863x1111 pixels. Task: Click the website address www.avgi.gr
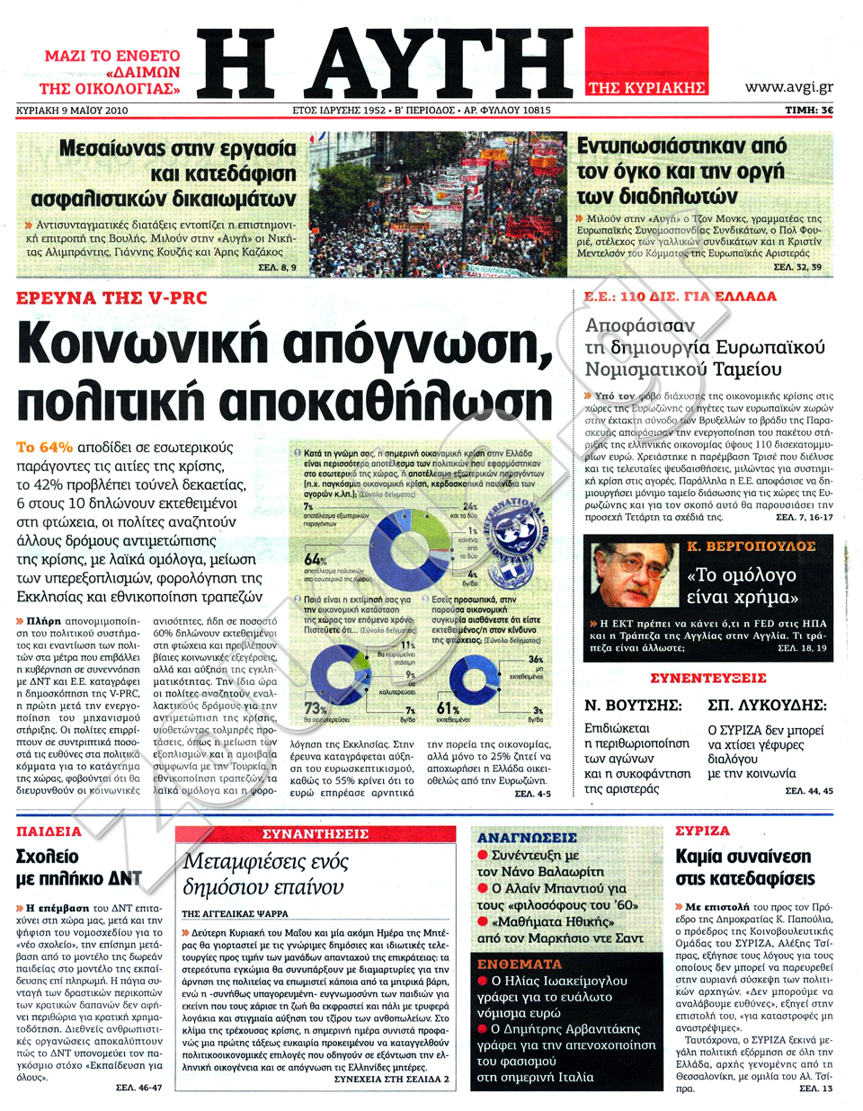788,86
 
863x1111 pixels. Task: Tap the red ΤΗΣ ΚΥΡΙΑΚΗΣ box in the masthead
646,87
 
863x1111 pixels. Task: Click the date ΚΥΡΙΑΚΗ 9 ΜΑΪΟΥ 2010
72,110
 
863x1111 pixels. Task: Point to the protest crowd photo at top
440,205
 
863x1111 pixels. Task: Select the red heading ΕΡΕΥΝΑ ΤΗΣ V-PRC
112,298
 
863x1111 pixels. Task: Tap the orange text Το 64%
44,447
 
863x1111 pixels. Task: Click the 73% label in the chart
315,708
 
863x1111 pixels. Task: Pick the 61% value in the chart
448,708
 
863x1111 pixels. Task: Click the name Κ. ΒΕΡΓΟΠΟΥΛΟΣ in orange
752,547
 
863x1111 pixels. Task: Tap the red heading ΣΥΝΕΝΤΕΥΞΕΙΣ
707,678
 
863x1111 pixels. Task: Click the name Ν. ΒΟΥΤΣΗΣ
633,705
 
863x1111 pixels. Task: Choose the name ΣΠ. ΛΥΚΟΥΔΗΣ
767,705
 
